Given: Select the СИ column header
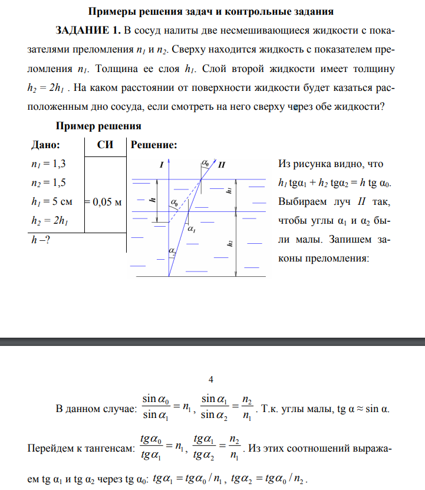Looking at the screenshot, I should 105,145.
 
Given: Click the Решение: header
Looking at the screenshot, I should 153,145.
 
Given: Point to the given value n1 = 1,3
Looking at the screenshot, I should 47,164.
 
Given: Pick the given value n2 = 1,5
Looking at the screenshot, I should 47,183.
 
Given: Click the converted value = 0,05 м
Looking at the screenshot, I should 104,202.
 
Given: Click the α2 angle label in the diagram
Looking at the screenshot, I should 172,251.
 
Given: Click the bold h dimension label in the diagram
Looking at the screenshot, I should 153,200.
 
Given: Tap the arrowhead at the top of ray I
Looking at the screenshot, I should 170,161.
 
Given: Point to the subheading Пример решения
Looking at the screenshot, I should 97,126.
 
